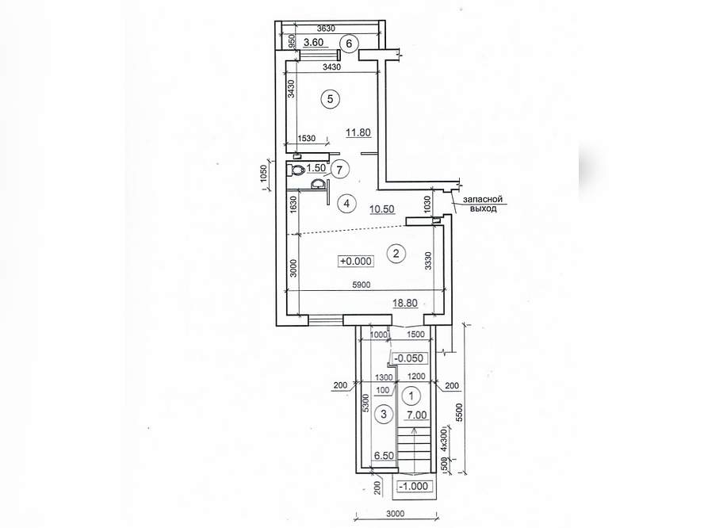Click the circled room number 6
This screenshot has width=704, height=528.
tap(350, 44)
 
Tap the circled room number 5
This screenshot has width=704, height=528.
tap(331, 99)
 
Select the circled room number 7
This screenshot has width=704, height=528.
tap(339, 170)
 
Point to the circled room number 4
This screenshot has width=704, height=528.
tap(346, 204)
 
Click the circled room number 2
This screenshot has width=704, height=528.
tap(396, 254)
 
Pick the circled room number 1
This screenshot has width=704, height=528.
tap(412, 396)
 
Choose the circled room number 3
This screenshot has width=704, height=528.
tap(384, 414)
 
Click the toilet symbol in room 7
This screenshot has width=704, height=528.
tap(297, 170)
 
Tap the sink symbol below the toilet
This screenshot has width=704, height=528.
tap(319, 184)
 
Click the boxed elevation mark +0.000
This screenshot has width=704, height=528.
tap(356, 261)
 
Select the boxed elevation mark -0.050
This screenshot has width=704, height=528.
tap(408, 358)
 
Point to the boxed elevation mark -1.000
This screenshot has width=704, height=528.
tap(412, 486)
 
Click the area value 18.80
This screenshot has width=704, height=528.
tap(405, 304)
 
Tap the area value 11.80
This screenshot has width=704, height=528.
tap(358, 132)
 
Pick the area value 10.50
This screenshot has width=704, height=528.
tap(381, 209)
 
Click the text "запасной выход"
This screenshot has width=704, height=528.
tap(483, 204)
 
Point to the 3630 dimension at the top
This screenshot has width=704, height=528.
tap(326, 29)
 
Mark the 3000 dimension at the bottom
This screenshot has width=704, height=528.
tap(395, 514)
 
